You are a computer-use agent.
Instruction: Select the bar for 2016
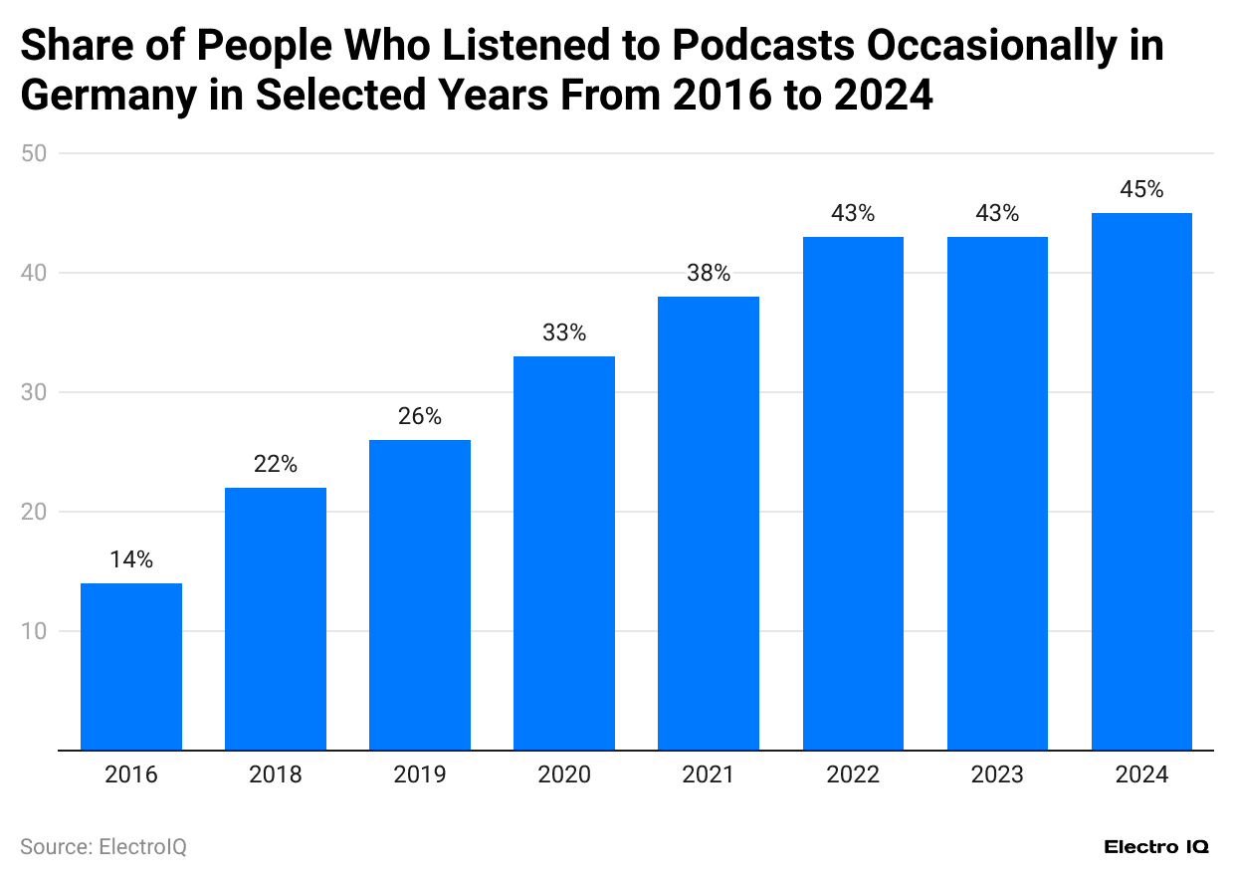(x=131, y=666)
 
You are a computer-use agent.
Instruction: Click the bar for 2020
(x=564, y=552)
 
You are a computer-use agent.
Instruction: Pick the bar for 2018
(x=276, y=618)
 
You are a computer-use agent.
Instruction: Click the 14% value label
(x=131, y=560)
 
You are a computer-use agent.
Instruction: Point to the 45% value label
(x=1141, y=190)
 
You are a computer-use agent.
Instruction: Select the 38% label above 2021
(x=709, y=274)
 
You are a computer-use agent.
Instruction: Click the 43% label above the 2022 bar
(x=853, y=214)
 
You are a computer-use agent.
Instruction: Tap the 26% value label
(x=420, y=417)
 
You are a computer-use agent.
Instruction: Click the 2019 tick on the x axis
(x=420, y=774)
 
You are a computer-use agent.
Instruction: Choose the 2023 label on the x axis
(x=997, y=774)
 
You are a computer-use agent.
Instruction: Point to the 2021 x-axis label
(x=709, y=774)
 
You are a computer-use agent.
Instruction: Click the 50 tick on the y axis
(x=39, y=153)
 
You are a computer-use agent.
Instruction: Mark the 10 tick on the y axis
(x=39, y=631)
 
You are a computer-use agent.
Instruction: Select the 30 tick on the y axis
(x=39, y=392)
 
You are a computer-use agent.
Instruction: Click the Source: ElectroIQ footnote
(x=103, y=847)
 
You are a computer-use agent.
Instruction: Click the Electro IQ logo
(x=1156, y=847)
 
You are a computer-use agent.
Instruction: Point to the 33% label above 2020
(x=564, y=333)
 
